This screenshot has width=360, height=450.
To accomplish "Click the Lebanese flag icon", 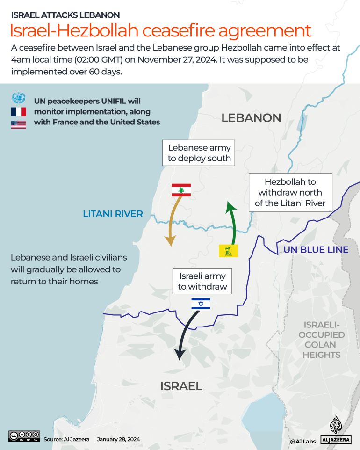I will tap(181, 190).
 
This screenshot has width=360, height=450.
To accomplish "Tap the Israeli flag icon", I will tap(201, 304).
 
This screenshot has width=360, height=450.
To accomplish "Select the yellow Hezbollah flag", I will tap(229, 250).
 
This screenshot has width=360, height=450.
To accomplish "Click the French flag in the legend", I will tap(19, 112).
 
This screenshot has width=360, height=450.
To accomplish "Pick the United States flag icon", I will tap(19, 124).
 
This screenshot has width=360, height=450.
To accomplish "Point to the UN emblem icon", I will tap(19, 98).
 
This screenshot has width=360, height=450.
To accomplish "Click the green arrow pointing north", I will tap(231, 222).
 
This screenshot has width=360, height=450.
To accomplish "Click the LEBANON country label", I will tap(251, 118).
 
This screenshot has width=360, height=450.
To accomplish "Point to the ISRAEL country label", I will tap(181, 386).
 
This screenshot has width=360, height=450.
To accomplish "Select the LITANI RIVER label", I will tap(113, 214).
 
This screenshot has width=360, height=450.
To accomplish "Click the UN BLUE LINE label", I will tap(316, 250).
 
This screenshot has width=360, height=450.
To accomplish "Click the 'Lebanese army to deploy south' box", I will tap(200, 153).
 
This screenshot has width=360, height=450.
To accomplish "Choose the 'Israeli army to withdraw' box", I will tap(202, 281).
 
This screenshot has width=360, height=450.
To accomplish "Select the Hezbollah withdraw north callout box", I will tap(290, 193).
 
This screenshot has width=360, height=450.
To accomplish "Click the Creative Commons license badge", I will tap(24, 436).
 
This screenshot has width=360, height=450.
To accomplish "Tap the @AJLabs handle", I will tap(302, 441).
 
